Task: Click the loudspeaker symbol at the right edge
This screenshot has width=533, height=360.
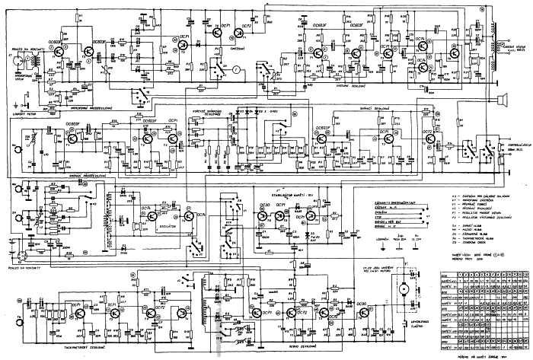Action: point(503,98)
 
